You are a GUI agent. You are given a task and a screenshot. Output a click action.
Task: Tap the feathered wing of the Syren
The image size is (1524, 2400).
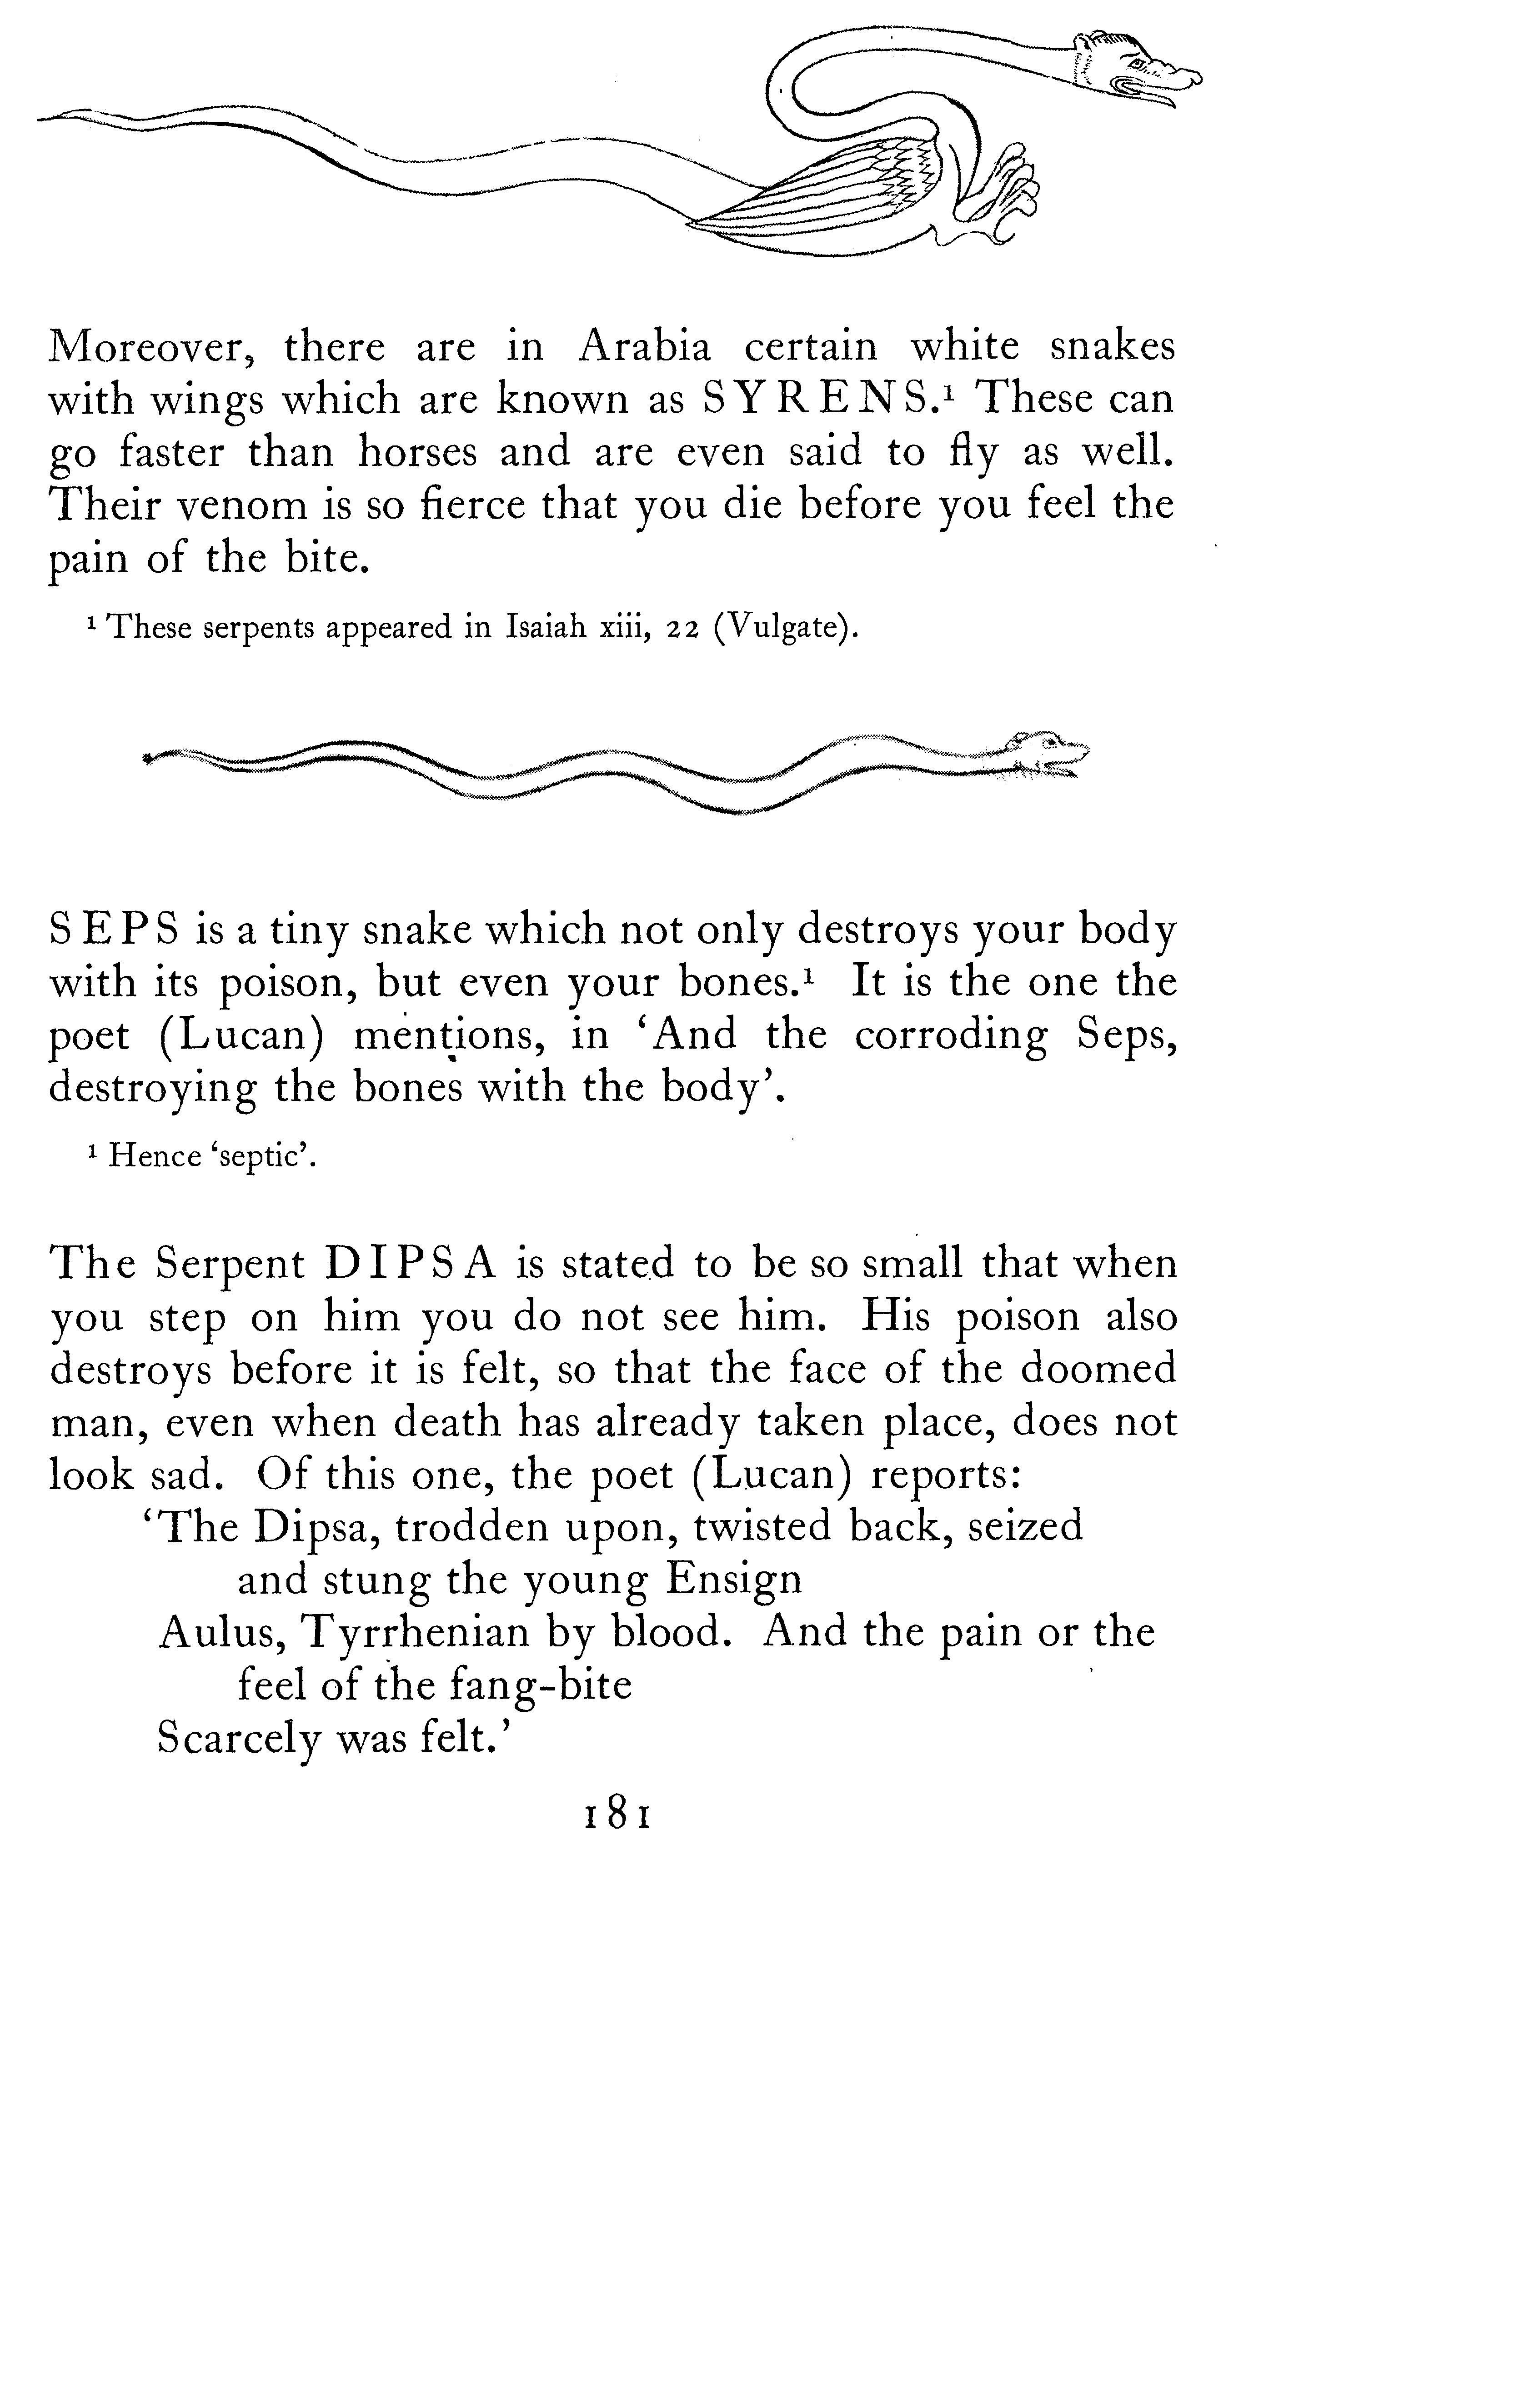[837, 190]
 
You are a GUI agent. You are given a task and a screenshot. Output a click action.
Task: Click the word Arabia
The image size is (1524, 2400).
[646, 347]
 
